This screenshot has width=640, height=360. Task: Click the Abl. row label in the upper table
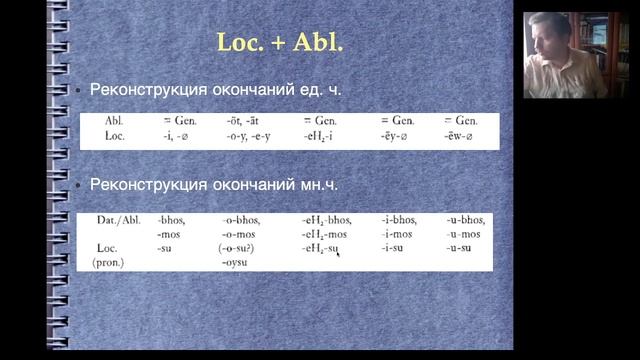[x=114, y=121]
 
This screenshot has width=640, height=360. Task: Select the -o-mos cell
[x=243, y=234]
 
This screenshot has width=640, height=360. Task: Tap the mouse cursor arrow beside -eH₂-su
[x=339, y=255]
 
